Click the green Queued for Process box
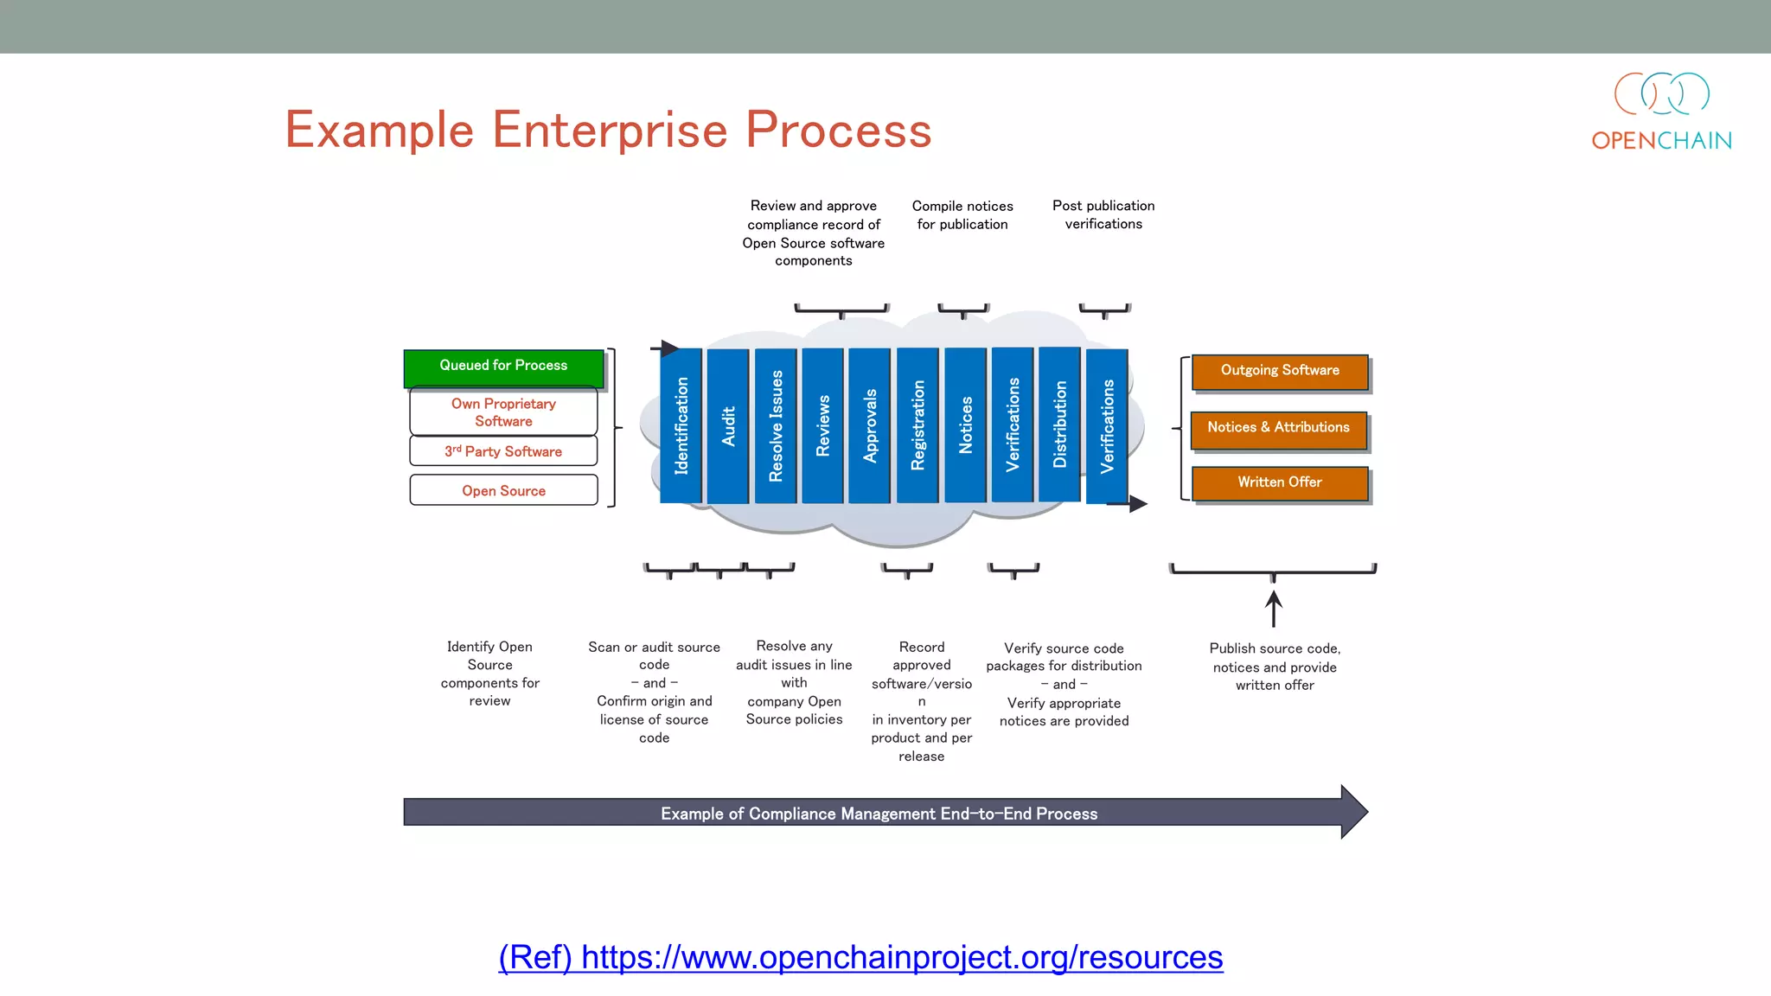(503, 367)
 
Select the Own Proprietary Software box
(503, 412)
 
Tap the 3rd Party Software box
(503, 451)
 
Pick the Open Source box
(503, 490)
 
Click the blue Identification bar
(681, 425)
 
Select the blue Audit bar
(728, 425)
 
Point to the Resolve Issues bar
(776, 425)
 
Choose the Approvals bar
(870, 425)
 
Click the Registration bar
(917, 425)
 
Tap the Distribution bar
(1059, 425)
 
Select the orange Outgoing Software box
(1280, 372)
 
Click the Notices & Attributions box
(1278, 429)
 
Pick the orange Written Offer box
(1280, 483)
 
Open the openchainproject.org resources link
(860, 957)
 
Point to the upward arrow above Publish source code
(1273, 609)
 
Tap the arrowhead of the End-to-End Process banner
(1353, 812)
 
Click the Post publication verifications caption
(1103, 214)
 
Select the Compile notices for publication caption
(962, 214)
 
